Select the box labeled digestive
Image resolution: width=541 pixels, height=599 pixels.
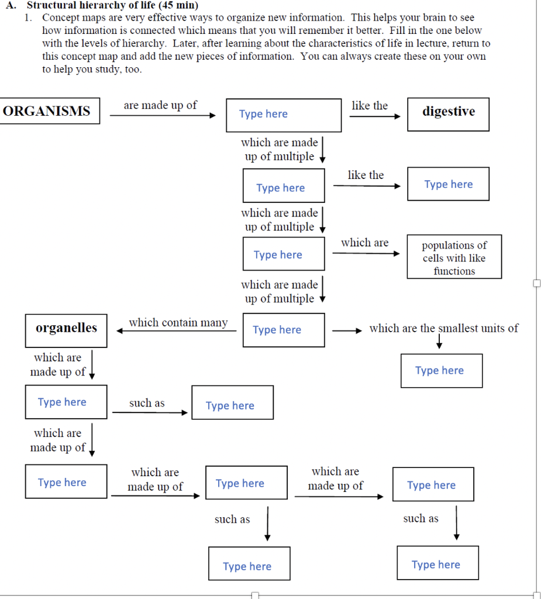(x=448, y=114)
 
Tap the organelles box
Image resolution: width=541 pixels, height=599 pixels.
(x=66, y=330)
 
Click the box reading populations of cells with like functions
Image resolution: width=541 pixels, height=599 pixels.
(x=454, y=258)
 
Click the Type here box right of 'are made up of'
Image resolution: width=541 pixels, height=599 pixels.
(x=284, y=115)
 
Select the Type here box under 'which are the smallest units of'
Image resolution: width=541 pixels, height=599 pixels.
(x=442, y=370)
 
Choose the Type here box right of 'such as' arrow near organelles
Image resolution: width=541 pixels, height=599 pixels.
(x=232, y=402)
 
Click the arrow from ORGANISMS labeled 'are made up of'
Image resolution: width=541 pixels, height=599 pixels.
(x=163, y=115)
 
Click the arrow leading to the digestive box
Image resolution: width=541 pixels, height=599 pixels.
(x=374, y=116)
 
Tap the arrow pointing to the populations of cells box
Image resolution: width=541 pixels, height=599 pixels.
(x=366, y=253)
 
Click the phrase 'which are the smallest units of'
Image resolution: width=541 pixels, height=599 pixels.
(x=443, y=328)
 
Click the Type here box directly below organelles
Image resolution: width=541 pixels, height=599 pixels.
(x=66, y=402)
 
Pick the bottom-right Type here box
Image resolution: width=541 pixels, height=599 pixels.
(x=437, y=563)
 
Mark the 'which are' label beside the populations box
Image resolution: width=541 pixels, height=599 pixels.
(x=364, y=242)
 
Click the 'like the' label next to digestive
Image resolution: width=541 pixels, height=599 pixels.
(x=369, y=105)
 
